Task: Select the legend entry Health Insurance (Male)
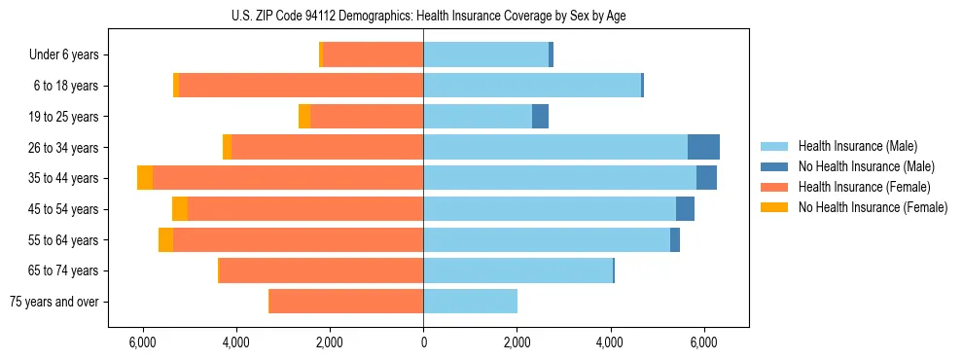click(857, 147)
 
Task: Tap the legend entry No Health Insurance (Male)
click(866, 167)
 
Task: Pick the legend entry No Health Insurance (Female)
click(873, 207)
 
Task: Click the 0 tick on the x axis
click(423, 343)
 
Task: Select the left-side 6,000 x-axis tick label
click(142, 343)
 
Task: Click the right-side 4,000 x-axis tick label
click(610, 343)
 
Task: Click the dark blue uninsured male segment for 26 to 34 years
click(703, 147)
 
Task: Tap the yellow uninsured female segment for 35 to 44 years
click(145, 178)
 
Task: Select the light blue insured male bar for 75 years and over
click(470, 302)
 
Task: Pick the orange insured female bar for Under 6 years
click(373, 55)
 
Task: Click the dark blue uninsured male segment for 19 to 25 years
click(540, 117)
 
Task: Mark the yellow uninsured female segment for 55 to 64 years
click(165, 239)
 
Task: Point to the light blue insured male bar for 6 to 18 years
click(532, 86)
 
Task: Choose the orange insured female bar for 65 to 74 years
click(322, 270)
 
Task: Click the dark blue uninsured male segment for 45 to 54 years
click(685, 209)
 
